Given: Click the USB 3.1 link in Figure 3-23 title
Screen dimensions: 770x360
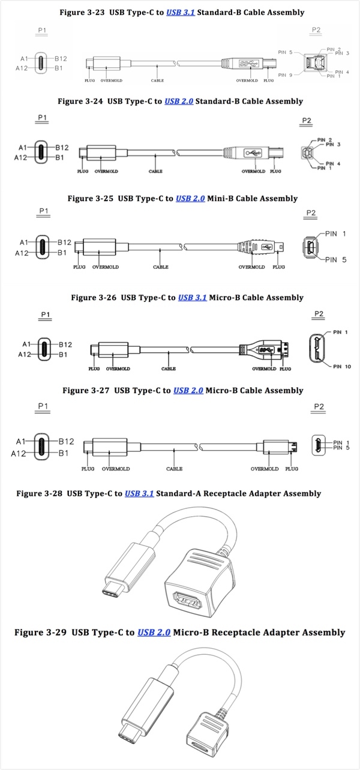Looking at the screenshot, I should point(180,12).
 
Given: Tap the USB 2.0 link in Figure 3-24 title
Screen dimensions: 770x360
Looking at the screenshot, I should point(178,101).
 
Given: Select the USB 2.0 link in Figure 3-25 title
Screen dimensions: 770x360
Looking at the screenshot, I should point(190,198).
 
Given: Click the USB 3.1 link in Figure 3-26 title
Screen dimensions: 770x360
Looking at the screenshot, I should point(192,297).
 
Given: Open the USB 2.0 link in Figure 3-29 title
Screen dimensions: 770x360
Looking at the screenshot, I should point(154,633).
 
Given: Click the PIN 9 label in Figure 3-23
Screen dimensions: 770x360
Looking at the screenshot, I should point(286,75).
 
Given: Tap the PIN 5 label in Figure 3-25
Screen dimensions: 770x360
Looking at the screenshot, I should point(336,260).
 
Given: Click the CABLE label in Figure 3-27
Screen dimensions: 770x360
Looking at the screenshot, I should point(174,469).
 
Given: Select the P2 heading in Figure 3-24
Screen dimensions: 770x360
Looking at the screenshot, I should point(307,121).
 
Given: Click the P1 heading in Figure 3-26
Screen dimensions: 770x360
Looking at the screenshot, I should point(46,314).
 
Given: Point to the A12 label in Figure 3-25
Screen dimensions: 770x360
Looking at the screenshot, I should point(22,253).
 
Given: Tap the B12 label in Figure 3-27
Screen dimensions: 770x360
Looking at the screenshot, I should point(65,441).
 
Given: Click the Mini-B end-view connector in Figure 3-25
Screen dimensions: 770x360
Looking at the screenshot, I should point(311,247).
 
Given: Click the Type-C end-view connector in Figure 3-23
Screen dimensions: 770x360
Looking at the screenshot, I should point(41,64).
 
